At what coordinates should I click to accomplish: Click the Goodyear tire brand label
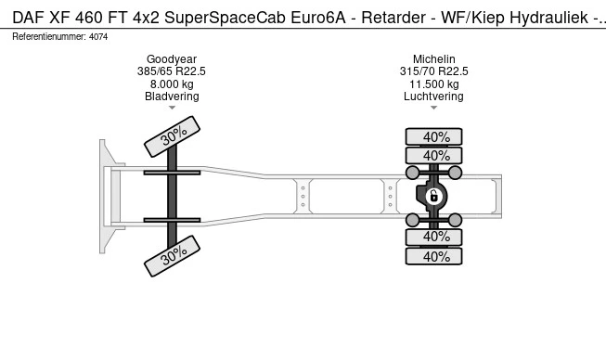[x=172, y=59]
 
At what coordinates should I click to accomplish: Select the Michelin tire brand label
[x=433, y=59]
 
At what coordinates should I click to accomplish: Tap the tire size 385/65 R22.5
[x=172, y=71]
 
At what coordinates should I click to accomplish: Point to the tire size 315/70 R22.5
[x=433, y=71]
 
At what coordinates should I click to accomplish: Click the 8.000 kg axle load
[x=172, y=84]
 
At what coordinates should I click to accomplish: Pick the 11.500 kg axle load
[x=433, y=84]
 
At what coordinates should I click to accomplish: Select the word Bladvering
[x=172, y=96]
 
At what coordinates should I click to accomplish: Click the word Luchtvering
[x=433, y=96]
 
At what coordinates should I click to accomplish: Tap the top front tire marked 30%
[x=172, y=136]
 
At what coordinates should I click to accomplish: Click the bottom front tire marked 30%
[x=172, y=256]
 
